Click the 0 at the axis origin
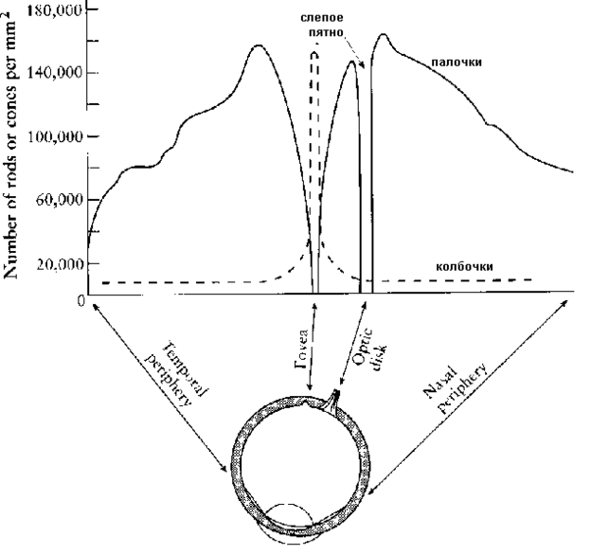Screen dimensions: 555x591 [x=81, y=301]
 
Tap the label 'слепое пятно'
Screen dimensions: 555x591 [x=324, y=24]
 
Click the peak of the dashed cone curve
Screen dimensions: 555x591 [x=314, y=52]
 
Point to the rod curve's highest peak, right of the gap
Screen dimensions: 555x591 [x=383, y=35]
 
